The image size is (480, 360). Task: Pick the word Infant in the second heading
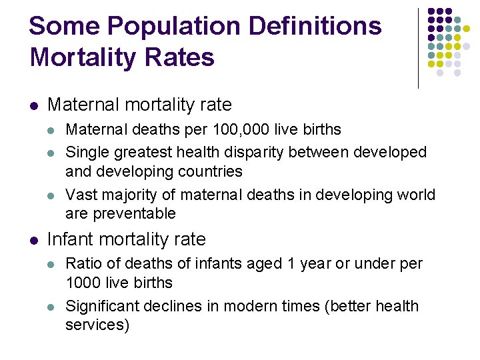pos(69,239)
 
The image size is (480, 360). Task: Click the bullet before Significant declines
pos(52,307)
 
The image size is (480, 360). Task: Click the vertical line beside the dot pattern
pos(419,48)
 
